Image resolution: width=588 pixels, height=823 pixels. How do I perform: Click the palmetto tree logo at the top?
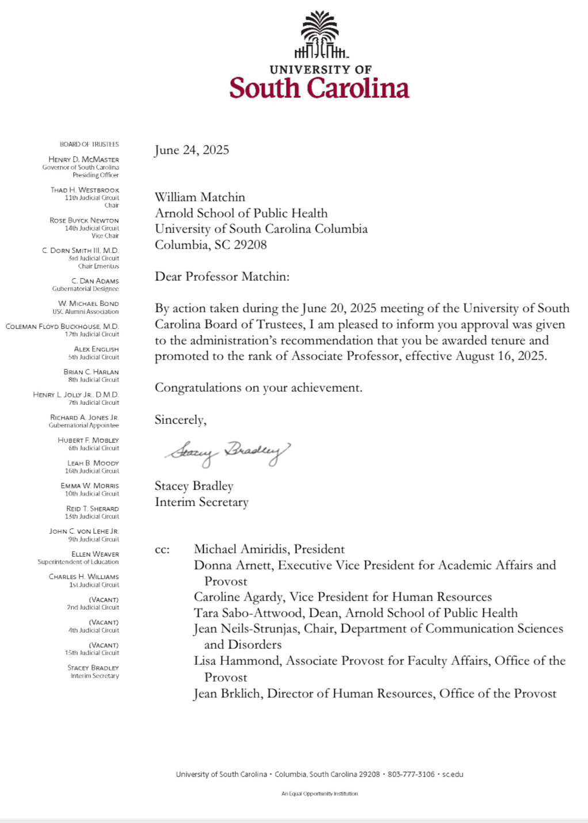[320, 35]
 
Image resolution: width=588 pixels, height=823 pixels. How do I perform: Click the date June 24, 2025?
[192, 150]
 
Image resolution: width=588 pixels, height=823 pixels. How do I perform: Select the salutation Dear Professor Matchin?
[222, 277]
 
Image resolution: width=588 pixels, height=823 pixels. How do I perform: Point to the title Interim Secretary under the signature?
[201, 502]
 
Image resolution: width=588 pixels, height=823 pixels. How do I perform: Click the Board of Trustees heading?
[89, 144]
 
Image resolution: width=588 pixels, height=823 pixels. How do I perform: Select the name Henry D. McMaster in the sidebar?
[84, 159]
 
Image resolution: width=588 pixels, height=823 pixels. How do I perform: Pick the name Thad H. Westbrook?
[85, 190]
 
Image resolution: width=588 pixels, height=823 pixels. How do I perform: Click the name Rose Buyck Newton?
[85, 220]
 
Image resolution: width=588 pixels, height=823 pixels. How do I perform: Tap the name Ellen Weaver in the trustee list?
[95, 554]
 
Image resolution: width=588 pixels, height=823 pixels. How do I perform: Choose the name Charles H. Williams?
[84, 577]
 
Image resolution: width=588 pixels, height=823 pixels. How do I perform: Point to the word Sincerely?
[180, 420]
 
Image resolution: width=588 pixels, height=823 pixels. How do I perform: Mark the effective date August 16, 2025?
[501, 356]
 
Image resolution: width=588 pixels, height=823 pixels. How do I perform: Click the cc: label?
[162, 550]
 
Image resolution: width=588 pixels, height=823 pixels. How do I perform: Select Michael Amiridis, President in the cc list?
[269, 549]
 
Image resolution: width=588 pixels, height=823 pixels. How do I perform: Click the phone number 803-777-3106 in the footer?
[411, 774]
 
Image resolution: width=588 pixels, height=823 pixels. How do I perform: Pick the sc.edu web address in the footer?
[453, 774]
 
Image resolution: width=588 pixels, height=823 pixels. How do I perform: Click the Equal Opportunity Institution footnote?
[319, 794]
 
